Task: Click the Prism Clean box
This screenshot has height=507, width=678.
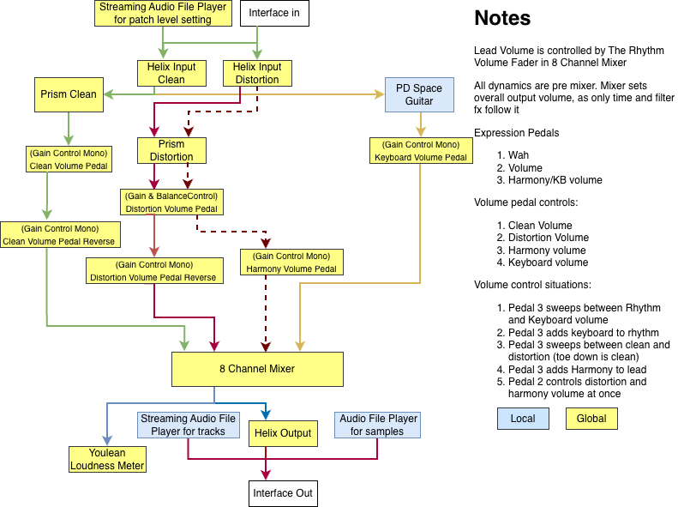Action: tap(69, 94)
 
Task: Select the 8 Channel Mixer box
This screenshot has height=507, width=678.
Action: tap(257, 369)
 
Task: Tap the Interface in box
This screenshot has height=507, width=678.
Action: tap(274, 14)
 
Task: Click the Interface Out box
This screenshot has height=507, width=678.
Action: tap(283, 493)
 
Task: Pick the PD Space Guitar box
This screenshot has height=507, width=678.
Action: tap(419, 94)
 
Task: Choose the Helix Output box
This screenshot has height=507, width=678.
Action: tap(283, 433)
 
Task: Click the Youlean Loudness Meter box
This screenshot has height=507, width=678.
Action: tap(107, 460)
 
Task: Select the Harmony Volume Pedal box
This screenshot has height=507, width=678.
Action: tap(291, 263)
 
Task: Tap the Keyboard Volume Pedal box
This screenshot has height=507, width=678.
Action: tap(421, 150)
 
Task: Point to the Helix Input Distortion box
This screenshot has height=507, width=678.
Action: tap(257, 74)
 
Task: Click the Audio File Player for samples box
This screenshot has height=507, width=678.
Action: tap(377, 426)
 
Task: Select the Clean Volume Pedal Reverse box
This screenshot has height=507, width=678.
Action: tap(60, 235)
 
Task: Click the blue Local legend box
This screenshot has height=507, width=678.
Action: tap(523, 419)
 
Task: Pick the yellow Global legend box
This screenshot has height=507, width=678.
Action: tap(591, 419)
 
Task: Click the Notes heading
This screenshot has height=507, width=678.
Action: tap(502, 18)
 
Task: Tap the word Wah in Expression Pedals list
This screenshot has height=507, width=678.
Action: tap(519, 155)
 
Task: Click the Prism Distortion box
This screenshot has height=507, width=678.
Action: tap(171, 150)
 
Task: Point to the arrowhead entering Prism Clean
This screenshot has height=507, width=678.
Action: tap(108, 94)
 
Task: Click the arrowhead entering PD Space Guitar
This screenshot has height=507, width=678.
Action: tap(380, 94)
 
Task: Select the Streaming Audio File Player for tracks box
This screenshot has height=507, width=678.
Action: tap(188, 426)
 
